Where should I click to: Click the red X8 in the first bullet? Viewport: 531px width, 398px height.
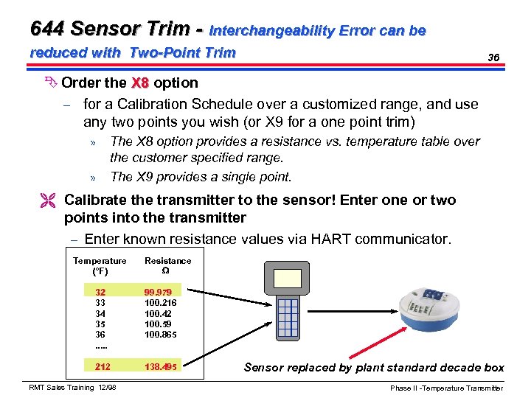click(142, 83)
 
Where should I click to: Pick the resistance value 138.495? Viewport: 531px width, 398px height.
click(161, 366)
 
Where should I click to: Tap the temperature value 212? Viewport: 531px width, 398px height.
click(103, 366)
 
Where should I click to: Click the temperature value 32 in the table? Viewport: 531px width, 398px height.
click(100, 293)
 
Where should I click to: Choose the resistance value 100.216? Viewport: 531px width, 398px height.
click(160, 303)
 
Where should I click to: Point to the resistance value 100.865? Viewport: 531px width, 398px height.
click(160, 334)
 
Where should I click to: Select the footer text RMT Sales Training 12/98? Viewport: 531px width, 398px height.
click(72, 388)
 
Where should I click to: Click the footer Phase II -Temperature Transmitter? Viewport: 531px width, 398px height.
click(447, 388)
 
